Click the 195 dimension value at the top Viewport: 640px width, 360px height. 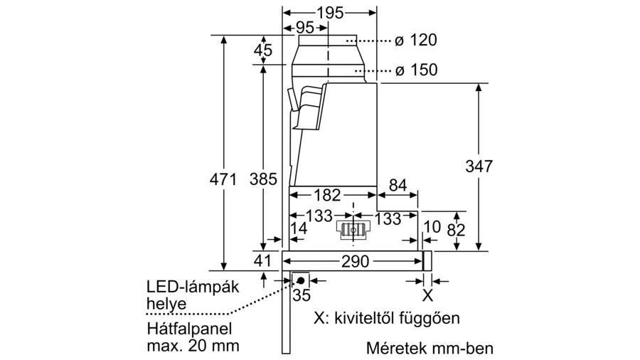point(330,13)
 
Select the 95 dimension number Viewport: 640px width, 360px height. point(305,28)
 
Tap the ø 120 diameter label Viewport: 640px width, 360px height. point(416,40)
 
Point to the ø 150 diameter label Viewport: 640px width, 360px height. point(416,70)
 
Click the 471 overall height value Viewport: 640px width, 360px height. point(223,179)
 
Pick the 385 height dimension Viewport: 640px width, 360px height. point(263,179)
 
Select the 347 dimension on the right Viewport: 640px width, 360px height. point(479,166)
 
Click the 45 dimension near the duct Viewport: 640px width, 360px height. point(263,51)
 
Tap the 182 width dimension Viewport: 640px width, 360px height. point(327,195)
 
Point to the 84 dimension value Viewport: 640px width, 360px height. point(398,185)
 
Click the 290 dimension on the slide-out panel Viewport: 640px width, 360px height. point(355,261)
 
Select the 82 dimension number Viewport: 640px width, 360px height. point(456,231)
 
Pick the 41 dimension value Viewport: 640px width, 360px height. point(262,260)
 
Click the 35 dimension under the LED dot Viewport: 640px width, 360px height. point(302,295)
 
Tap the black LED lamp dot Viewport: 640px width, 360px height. point(301,280)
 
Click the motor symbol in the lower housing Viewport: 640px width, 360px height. point(353,231)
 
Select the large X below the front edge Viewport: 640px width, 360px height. point(427,295)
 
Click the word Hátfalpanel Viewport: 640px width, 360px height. point(189,329)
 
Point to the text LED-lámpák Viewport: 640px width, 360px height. point(193,287)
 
